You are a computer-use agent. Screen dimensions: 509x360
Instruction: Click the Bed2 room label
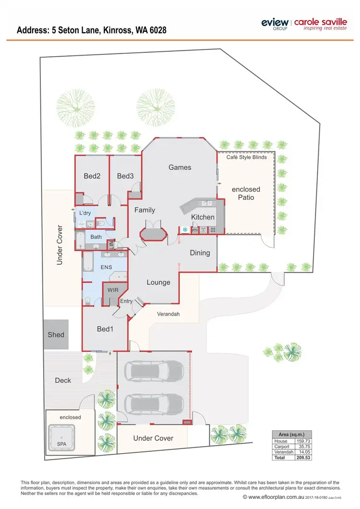[x=92, y=176]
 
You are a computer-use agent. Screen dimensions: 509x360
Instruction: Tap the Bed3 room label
[x=125, y=176]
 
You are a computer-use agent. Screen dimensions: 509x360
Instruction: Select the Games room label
[x=180, y=167]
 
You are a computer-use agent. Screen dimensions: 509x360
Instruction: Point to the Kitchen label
[x=203, y=217]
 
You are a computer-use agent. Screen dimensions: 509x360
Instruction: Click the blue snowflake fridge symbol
[x=185, y=230]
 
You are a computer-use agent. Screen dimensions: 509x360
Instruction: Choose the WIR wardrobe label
[x=113, y=291]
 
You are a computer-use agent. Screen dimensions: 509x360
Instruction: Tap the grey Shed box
[x=56, y=335]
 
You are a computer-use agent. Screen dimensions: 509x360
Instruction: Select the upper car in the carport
[x=154, y=370]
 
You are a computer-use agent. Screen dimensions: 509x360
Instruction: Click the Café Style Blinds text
[x=247, y=157]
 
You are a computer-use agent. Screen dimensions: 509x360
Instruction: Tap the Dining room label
[x=200, y=253]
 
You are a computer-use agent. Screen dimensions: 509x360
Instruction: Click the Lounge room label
[x=158, y=282]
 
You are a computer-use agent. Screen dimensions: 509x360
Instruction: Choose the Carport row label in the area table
[x=282, y=446]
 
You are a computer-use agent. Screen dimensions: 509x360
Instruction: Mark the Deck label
[x=63, y=380]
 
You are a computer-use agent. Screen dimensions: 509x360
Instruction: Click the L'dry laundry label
[x=85, y=213]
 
